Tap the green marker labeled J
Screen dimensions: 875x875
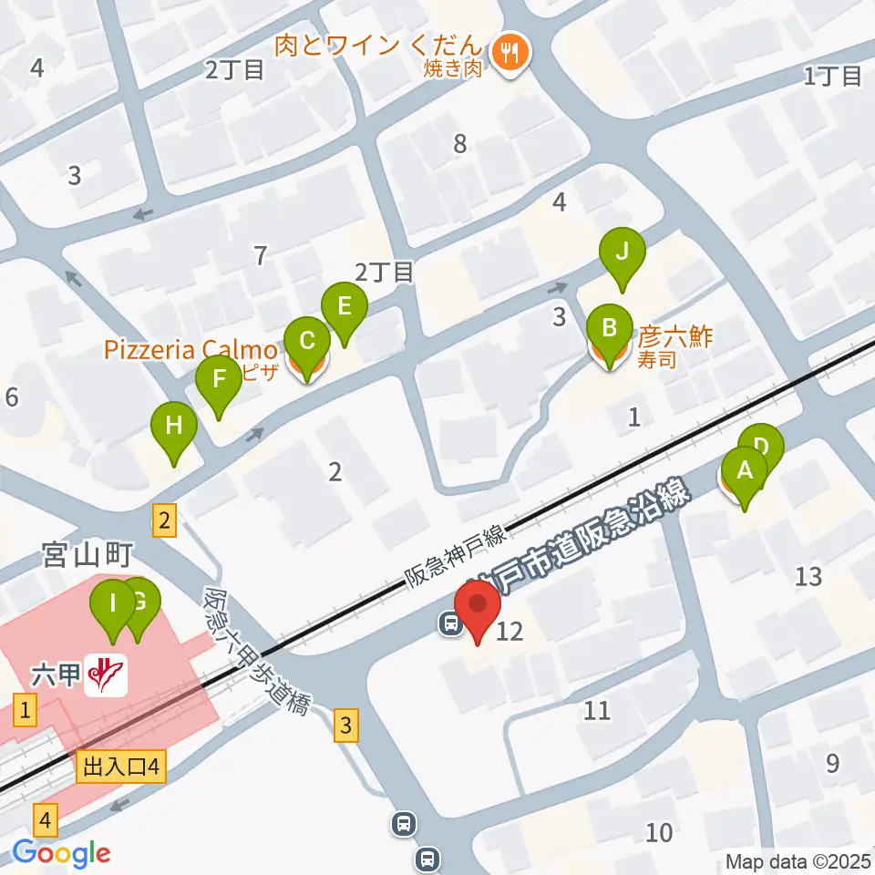[x=622, y=254]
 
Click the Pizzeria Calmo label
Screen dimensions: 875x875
[x=190, y=350]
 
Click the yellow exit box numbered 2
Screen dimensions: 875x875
[x=164, y=521]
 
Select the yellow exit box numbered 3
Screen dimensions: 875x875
[x=345, y=726]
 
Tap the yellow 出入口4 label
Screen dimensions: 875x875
[x=121, y=767]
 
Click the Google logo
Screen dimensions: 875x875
[x=61, y=854]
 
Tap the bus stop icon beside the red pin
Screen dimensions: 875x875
[x=449, y=623]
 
